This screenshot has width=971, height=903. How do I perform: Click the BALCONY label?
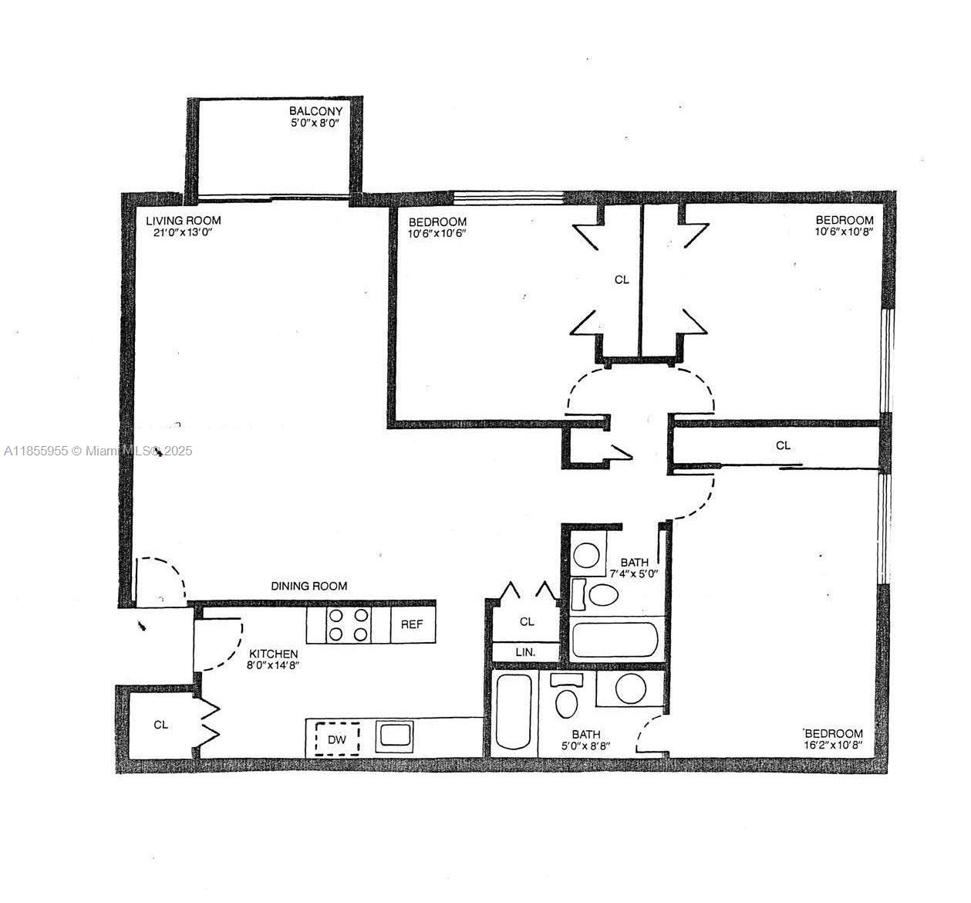315,111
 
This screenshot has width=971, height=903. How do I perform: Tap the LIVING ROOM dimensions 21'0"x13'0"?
179,232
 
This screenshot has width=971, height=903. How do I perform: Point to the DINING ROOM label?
308,586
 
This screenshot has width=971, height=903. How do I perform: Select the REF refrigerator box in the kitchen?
412,624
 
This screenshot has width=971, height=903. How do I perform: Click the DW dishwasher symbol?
337,739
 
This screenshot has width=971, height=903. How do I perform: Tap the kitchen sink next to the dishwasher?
395,735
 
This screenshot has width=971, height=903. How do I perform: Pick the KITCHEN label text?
273,654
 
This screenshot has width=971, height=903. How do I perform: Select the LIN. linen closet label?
525,652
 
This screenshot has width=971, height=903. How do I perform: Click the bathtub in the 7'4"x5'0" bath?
615,640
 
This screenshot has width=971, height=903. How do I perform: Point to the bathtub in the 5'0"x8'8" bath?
514,711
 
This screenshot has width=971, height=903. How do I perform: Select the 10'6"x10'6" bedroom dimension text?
437,233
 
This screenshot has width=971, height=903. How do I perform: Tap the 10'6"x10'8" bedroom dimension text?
845,232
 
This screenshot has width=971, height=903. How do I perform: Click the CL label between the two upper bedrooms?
622,279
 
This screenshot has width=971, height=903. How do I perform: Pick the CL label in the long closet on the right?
783,445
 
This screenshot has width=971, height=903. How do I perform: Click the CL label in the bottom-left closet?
160,725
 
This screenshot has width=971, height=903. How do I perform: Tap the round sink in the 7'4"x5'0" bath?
588,556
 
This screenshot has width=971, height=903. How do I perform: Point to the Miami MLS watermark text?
98,451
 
